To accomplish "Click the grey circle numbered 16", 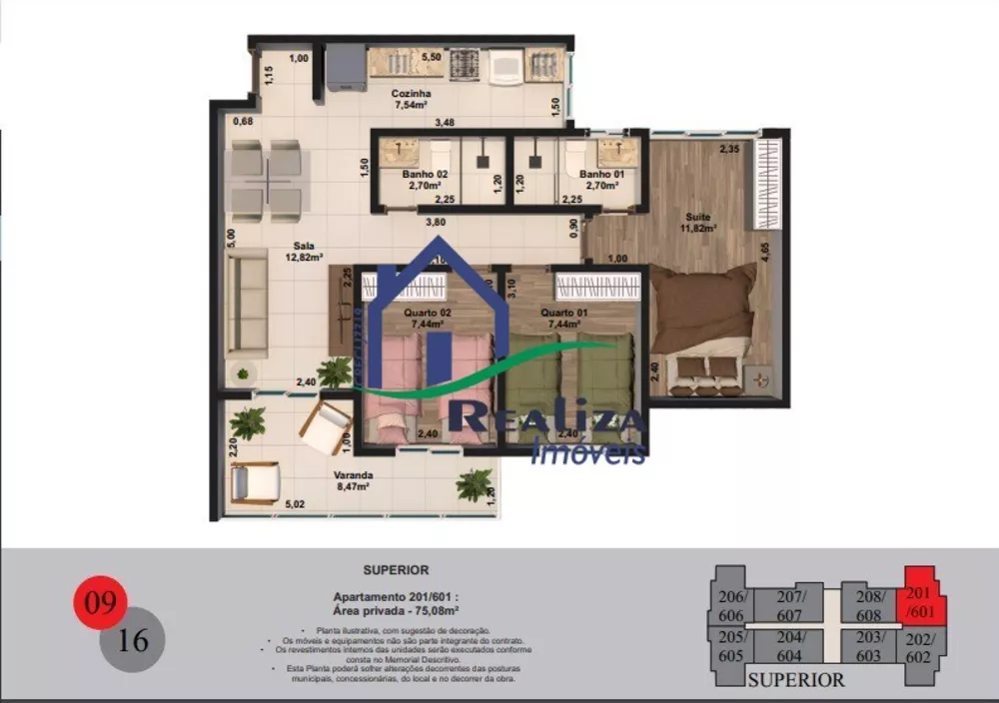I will [132, 638].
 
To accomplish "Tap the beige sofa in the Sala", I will [246, 305].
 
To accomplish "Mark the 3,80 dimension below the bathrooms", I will [436, 222].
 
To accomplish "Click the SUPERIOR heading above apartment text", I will [397, 570].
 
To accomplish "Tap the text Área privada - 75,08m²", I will [397, 608].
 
